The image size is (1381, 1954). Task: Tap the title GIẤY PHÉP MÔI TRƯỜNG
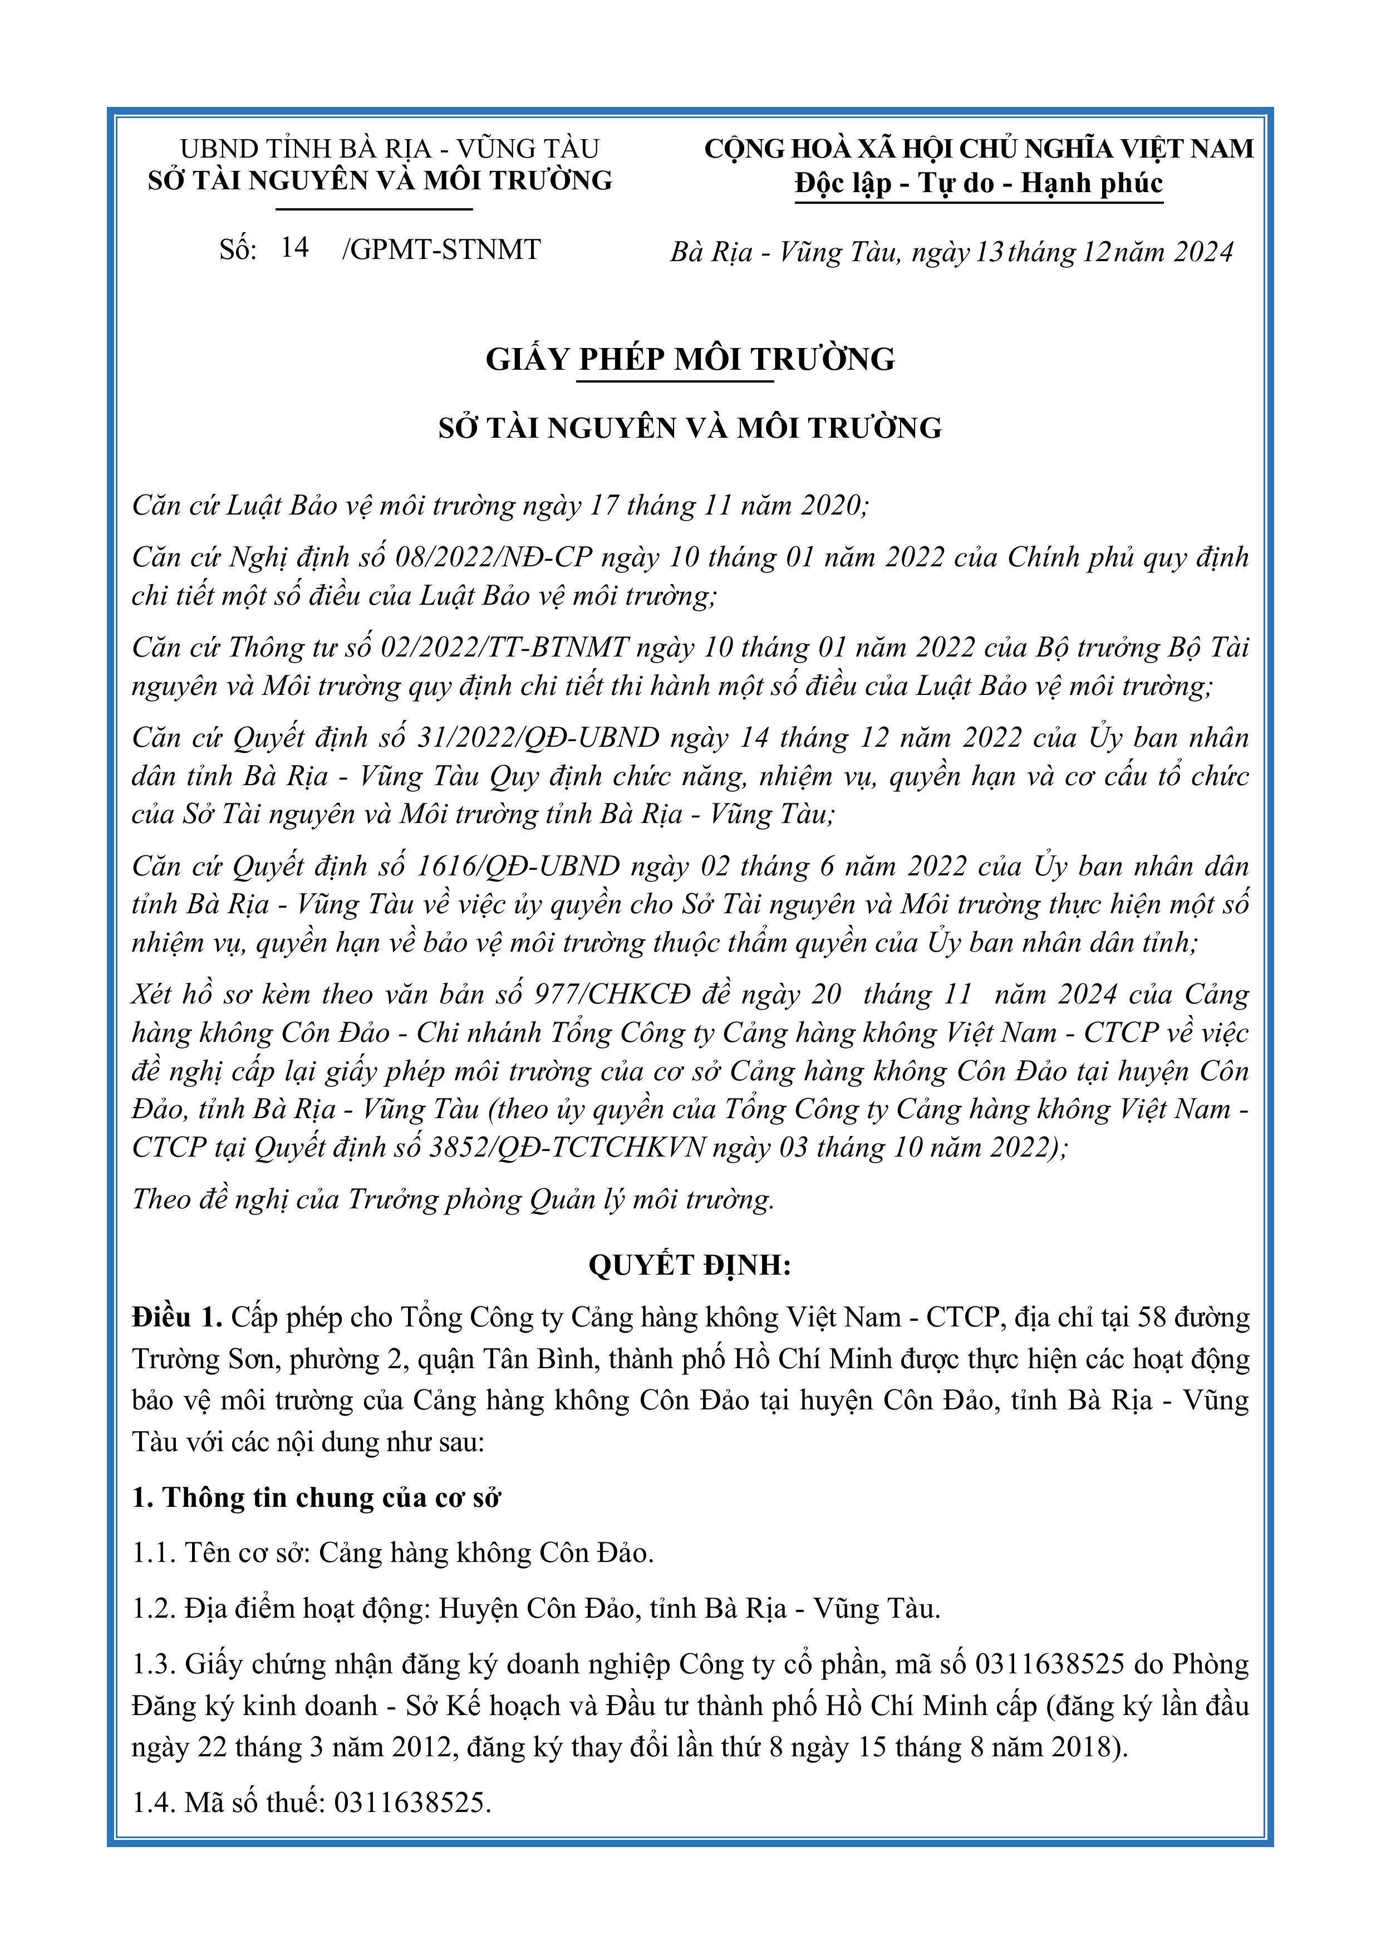[x=690, y=359]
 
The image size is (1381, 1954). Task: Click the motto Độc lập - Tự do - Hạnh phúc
[x=979, y=183]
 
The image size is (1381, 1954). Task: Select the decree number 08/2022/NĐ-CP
[x=494, y=557]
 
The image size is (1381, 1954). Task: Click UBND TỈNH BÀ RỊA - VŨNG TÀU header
[x=390, y=149]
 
